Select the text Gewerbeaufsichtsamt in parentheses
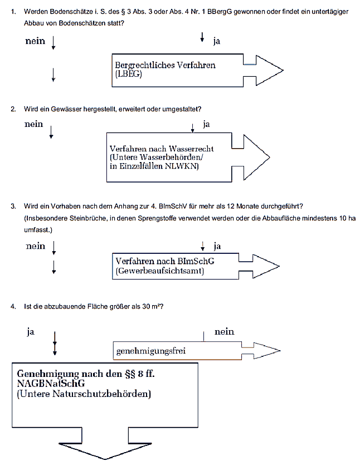click(x=160, y=271)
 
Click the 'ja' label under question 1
click(x=216, y=41)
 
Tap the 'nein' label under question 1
click(x=35, y=41)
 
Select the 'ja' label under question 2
click(x=206, y=124)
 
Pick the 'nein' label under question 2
click(x=33, y=124)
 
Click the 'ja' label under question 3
click(x=217, y=246)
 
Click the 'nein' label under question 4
click(x=224, y=332)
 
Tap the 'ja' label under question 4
click(x=31, y=332)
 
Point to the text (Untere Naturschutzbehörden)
click(x=84, y=394)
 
